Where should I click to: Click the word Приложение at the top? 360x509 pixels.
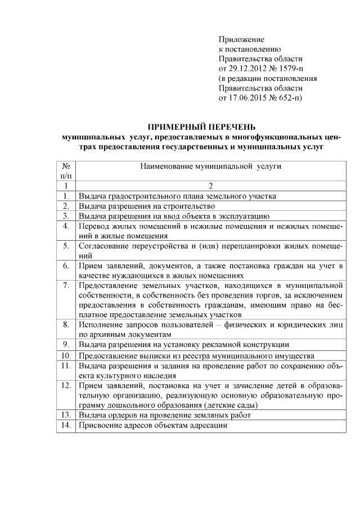(x=241, y=39)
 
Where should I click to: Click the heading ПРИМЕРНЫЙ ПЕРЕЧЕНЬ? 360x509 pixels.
(x=201, y=127)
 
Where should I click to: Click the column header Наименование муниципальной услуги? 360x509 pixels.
(x=210, y=166)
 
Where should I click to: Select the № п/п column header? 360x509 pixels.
(x=66, y=171)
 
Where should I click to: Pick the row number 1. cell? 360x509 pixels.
(x=66, y=196)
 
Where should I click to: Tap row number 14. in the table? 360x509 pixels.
(x=66, y=426)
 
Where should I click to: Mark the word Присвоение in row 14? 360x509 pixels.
(x=100, y=426)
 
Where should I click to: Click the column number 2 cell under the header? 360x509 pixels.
(x=210, y=186)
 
